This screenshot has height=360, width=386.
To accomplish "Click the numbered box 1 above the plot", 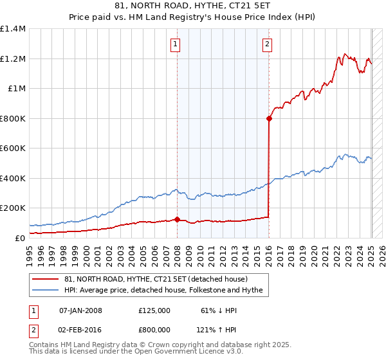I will [x=176, y=44].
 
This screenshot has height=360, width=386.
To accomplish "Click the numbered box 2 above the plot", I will [x=267, y=44].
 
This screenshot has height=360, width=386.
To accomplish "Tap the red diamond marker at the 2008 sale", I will [x=177, y=219].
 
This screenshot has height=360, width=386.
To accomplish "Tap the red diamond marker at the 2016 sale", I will [x=269, y=118].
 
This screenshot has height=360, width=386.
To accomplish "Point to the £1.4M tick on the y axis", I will [x=13, y=29].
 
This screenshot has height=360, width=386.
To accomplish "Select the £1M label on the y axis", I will [x=17, y=89].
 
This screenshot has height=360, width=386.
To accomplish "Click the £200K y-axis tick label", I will [x=13, y=208].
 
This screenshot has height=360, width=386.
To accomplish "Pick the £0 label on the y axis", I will [x=21, y=238].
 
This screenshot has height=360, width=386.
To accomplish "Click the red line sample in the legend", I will [x=46, y=279].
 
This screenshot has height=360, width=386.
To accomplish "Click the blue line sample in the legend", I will [x=46, y=290].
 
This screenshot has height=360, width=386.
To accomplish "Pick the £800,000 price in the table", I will [x=154, y=329].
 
